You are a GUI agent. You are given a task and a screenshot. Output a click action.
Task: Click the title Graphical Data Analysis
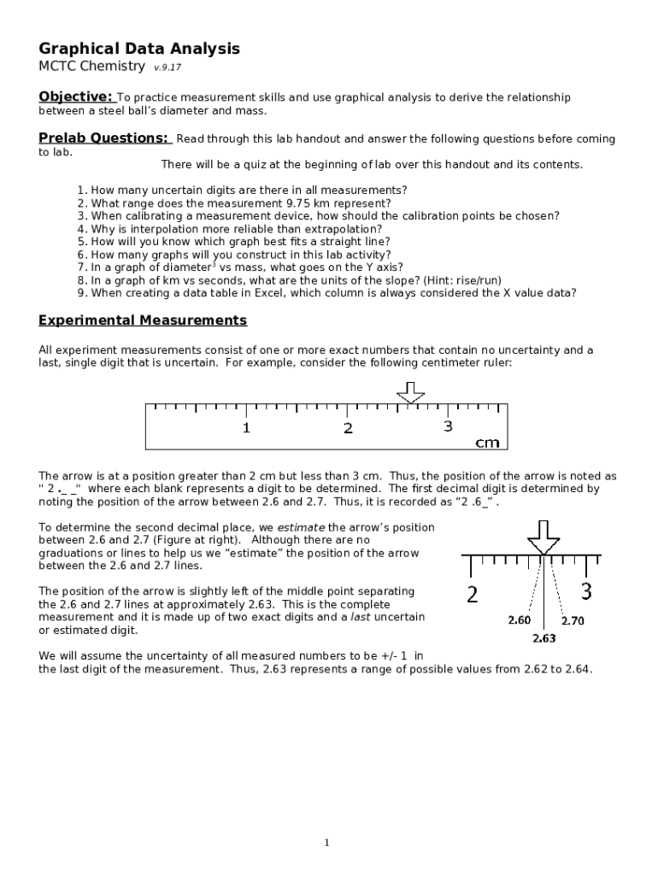139,49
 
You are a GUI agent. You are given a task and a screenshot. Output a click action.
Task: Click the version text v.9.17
167,68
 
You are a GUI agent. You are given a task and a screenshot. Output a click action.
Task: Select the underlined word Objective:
75,97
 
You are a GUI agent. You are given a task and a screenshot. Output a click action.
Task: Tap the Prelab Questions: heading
104,138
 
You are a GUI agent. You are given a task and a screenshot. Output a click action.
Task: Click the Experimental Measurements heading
143,320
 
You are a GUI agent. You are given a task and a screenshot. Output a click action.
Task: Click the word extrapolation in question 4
347,229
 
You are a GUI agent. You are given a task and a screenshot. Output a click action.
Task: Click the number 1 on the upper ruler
246,428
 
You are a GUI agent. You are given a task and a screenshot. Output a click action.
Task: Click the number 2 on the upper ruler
348,428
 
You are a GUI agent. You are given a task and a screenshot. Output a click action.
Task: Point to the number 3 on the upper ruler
448,426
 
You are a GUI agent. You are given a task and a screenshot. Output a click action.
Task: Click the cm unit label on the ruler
487,443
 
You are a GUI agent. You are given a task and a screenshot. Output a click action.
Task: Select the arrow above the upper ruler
410,392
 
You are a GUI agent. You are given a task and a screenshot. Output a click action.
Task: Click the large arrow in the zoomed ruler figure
543,537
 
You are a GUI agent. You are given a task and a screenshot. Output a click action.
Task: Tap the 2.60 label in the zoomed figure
519,620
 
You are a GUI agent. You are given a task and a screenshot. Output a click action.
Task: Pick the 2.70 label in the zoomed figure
572,621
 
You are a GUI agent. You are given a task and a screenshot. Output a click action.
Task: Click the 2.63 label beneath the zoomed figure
544,638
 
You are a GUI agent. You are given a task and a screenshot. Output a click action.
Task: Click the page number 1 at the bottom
326,843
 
